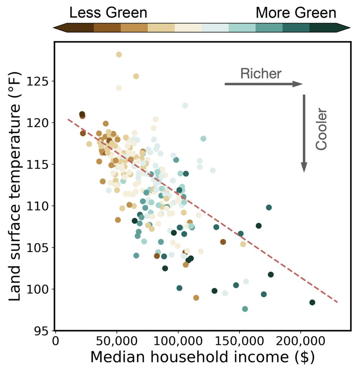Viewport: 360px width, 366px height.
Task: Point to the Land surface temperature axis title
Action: [x=16, y=187]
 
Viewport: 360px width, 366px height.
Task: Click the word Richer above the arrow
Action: [x=261, y=74]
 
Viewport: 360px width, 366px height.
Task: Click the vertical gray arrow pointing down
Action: [x=304, y=133]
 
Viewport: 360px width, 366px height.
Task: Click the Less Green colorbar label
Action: [x=108, y=13]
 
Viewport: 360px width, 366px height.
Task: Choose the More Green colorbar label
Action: [x=296, y=13]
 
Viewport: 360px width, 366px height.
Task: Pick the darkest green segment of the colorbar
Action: [x=325, y=28]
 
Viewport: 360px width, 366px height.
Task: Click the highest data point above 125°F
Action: [x=119, y=55]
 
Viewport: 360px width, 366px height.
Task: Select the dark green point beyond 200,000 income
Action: [x=312, y=302]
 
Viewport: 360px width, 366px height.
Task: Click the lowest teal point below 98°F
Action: [x=245, y=309]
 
